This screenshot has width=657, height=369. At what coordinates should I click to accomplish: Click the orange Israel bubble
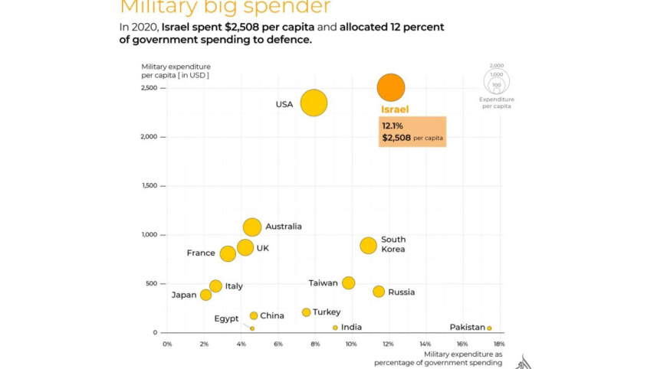(x=391, y=87)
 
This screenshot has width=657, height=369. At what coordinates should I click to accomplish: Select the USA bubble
(x=314, y=103)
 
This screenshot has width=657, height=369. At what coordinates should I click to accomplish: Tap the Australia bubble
(x=252, y=227)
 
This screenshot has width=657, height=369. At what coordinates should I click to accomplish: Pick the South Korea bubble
(x=369, y=245)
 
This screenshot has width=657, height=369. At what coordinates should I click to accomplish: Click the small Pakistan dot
(x=489, y=328)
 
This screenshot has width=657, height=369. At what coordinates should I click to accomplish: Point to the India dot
(x=335, y=328)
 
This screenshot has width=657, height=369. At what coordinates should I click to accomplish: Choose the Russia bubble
(x=379, y=292)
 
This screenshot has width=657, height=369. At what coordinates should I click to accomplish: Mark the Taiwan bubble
(x=349, y=282)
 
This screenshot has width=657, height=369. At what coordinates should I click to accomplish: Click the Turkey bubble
(x=307, y=312)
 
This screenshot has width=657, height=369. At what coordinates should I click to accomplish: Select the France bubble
(x=228, y=253)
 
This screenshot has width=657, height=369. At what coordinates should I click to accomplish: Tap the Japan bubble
(x=205, y=295)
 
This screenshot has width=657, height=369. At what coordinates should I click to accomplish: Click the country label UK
(x=263, y=248)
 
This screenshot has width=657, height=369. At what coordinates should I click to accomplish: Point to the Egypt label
(x=226, y=318)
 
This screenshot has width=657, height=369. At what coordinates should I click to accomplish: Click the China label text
(x=272, y=315)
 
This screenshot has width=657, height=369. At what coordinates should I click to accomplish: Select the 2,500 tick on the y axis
(x=148, y=88)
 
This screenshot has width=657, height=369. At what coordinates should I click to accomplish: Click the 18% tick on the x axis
(x=499, y=344)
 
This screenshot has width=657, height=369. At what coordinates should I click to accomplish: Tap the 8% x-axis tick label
(x=314, y=344)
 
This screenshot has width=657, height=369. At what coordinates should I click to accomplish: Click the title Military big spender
(x=225, y=8)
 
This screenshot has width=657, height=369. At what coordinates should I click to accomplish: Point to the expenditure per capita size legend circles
(x=497, y=79)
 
